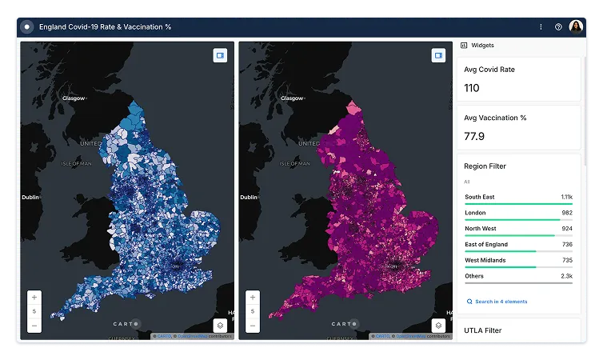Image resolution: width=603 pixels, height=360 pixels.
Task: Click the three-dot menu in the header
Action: [541, 26]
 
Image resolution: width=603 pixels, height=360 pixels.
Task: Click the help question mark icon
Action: [558, 26]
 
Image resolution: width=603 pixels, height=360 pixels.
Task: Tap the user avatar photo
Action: [576, 26]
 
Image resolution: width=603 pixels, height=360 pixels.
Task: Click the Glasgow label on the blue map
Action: [74, 98]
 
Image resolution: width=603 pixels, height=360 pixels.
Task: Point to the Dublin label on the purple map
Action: [249, 197]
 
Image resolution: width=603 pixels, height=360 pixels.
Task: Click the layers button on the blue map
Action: [220, 326]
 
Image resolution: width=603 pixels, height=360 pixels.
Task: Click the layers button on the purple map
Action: [438, 326]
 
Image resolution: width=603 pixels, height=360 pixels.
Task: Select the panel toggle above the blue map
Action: [220, 55]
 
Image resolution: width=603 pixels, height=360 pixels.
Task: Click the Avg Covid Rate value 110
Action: [472, 88]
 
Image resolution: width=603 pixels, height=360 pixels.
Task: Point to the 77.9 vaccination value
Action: [474, 137]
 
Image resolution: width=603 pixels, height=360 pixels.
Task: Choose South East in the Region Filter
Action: [479, 197]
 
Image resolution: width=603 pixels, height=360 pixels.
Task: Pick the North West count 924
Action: [566, 229]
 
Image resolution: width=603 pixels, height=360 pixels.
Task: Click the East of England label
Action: [486, 245]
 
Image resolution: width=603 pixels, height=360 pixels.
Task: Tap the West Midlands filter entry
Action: [484, 260]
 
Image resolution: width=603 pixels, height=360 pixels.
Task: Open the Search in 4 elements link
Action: [501, 302]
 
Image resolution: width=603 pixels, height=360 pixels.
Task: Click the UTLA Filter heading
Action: [483, 330]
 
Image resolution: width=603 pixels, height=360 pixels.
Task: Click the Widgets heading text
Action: [482, 46]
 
